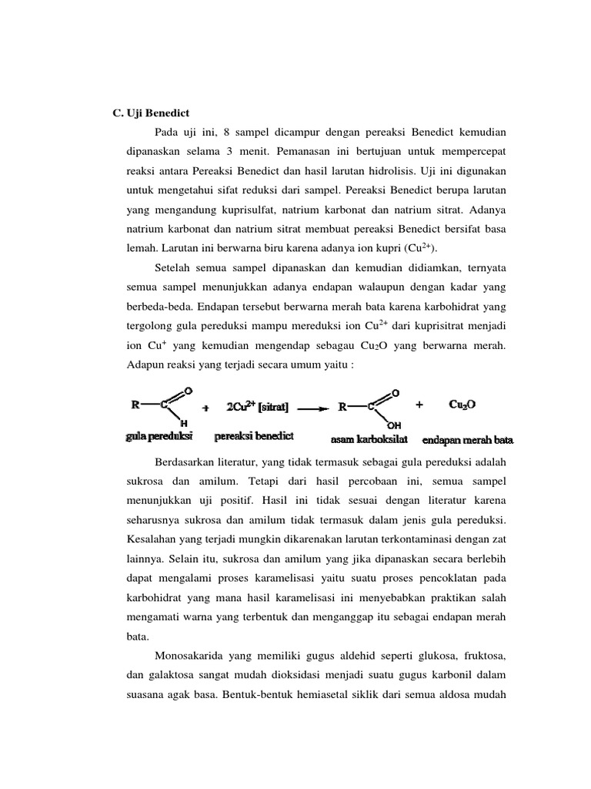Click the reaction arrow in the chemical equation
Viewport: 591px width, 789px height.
click(x=312, y=409)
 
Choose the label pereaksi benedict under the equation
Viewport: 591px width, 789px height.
click(x=254, y=437)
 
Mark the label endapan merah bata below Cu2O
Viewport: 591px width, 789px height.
click(x=468, y=442)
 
